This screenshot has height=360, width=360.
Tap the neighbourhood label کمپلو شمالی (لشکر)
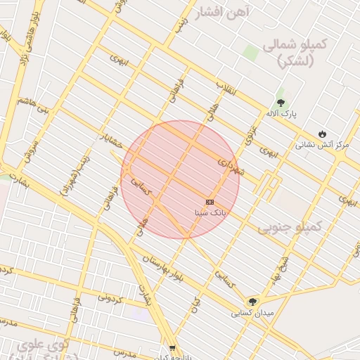[295, 54]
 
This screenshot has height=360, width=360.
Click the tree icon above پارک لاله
[281, 101]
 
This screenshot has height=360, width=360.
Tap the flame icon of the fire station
[322, 134]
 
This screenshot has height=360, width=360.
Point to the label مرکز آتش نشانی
[322, 145]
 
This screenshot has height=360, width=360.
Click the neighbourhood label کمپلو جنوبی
[289, 227]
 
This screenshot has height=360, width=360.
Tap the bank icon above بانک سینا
[210, 202]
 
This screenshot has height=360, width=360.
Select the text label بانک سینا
[210, 212]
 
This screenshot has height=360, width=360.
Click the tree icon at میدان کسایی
[252, 302]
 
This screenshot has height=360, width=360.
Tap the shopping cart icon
[173, 348]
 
